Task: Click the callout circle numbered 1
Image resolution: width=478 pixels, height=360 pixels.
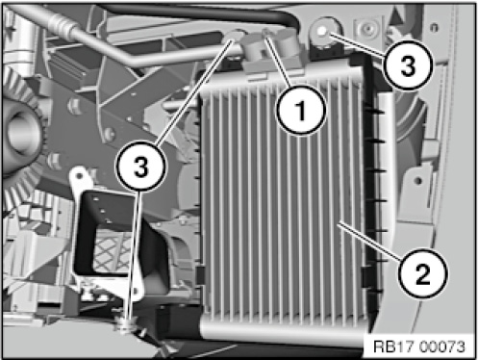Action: pyautogui.click(x=301, y=110)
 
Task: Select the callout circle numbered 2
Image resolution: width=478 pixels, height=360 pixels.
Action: pyautogui.click(x=422, y=273)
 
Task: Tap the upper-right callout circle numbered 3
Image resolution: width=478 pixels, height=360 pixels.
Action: pyautogui.click(x=409, y=65)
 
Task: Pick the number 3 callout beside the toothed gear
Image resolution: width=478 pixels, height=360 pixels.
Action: pyautogui.click(x=141, y=167)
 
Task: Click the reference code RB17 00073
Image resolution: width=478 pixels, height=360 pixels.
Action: pyautogui.click(x=419, y=347)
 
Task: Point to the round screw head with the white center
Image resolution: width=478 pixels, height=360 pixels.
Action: pyautogui.click(x=322, y=31)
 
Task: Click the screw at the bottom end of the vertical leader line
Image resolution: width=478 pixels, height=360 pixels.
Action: pyautogui.click(x=127, y=324)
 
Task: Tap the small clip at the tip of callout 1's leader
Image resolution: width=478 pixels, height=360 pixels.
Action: pyautogui.click(x=265, y=32)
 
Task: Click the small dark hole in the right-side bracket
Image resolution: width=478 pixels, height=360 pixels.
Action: pyautogui.click(x=417, y=181)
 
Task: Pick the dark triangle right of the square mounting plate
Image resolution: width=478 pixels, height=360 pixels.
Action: pyautogui.click(x=396, y=16)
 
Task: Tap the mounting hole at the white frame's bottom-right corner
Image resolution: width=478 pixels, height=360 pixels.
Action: pyautogui.click(x=138, y=291)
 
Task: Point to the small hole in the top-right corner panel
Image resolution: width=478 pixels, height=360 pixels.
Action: pyautogui.click(x=434, y=27)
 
